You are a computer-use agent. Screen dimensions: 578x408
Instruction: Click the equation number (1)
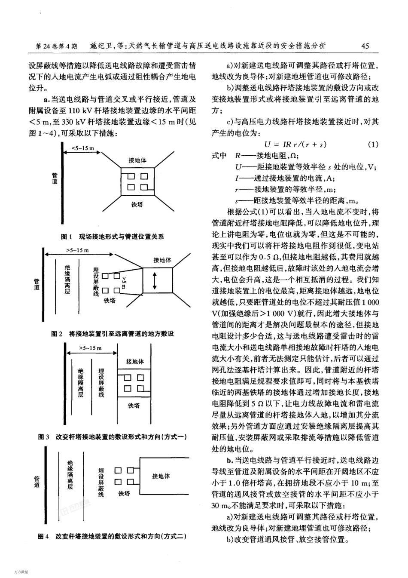pos(373,144)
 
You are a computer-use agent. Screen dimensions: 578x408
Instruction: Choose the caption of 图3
pos(113,437)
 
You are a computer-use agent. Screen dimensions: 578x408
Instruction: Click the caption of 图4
pos(112,536)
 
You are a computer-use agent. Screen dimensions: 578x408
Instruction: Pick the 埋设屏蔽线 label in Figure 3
pos(101,382)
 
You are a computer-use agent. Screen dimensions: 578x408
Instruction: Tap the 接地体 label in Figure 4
pos(161,476)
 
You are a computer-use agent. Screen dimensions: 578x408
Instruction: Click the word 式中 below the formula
pos(219,156)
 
